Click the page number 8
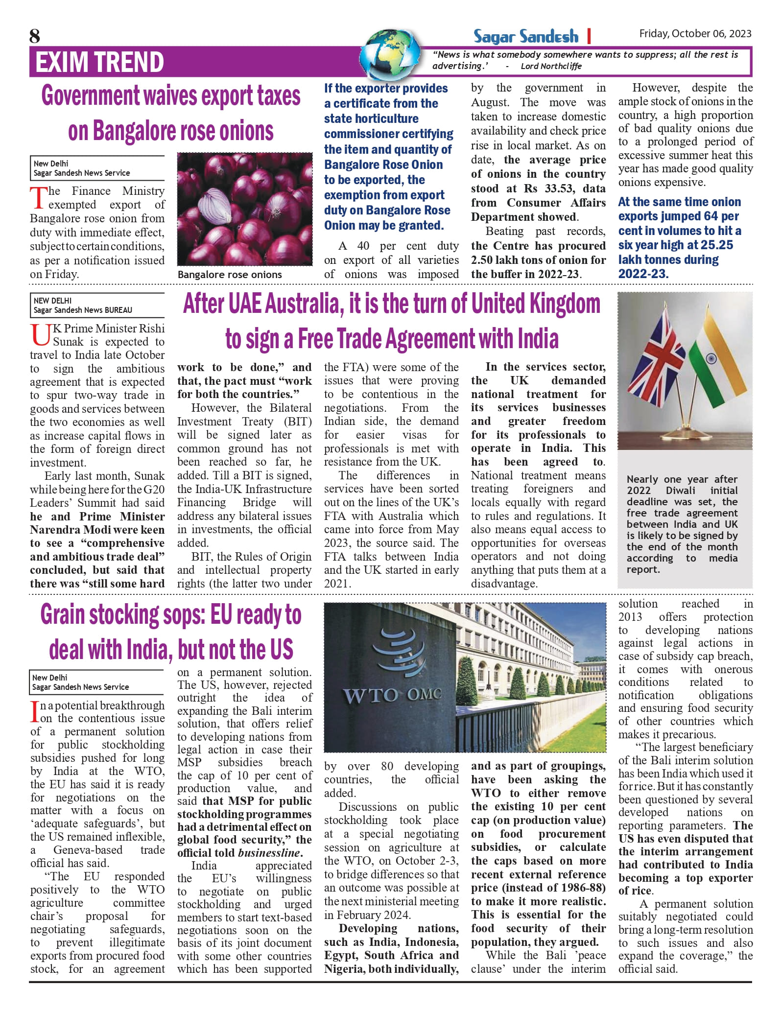(x=35, y=36)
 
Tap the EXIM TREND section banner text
(x=99, y=62)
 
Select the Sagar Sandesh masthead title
(x=525, y=36)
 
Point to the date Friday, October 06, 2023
(x=695, y=33)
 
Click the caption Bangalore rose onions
(x=230, y=275)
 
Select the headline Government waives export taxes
(x=171, y=96)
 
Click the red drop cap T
(x=38, y=198)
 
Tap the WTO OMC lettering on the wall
(x=392, y=695)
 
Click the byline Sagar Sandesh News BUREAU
(x=83, y=310)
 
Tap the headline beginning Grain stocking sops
(x=171, y=615)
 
